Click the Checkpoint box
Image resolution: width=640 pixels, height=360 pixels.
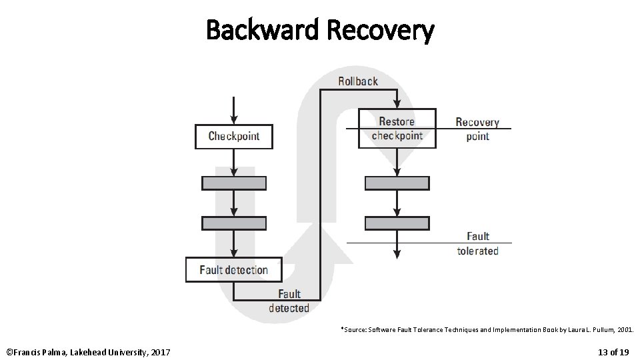click(x=233, y=136)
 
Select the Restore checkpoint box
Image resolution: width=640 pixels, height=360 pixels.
click(x=397, y=128)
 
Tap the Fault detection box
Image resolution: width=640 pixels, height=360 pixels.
click(x=233, y=270)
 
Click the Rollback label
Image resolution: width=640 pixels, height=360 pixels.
click(x=358, y=81)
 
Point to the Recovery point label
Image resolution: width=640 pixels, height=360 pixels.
click(x=477, y=129)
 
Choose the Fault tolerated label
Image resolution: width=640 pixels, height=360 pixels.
click(x=478, y=243)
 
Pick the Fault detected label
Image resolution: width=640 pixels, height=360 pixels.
click(x=289, y=301)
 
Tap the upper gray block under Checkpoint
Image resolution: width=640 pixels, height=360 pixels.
click(x=234, y=183)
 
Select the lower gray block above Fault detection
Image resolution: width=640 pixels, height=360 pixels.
click(x=234, y=223)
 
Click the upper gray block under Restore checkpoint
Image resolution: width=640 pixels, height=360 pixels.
click(x=397, y=183)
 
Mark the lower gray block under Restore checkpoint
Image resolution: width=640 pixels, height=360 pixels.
click(x=397, y=223)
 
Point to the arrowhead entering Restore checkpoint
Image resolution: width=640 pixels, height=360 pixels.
click(x=397, y=103)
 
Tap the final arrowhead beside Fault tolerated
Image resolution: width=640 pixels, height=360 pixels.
click(x=397, y=253)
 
